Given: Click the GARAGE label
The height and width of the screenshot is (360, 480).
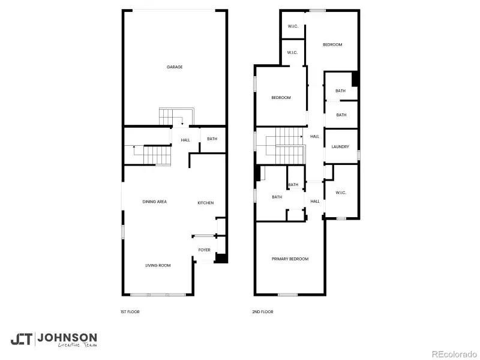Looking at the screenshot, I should point(175,67).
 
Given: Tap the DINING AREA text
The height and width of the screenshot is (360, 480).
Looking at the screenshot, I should point(154,202).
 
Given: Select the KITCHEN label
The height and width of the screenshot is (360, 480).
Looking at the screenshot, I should point(206,203).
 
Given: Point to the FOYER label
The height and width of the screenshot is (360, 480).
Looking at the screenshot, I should point(205,250).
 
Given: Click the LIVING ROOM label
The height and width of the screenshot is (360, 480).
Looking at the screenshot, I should point(158,265).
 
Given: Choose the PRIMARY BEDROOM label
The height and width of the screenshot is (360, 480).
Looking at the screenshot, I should point(290,259).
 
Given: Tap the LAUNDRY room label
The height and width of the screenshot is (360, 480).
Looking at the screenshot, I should point(340,146).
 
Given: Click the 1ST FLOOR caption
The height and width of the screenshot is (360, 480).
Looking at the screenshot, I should point(130,312).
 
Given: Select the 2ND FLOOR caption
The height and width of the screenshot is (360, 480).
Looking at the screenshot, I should point(263,312).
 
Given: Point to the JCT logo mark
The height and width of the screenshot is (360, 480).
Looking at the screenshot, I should point(22,339).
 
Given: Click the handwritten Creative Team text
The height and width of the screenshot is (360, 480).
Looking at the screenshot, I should point(77,345).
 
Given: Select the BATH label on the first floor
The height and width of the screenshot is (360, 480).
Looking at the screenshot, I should point(212,139).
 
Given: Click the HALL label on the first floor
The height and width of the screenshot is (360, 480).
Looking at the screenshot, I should point(185,140).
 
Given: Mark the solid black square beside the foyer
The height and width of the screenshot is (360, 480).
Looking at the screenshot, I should point(221,259).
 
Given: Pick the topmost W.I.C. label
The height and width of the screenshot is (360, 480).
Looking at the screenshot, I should point(293,26).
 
